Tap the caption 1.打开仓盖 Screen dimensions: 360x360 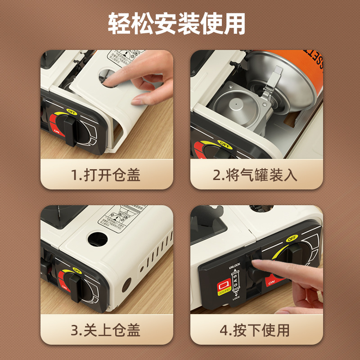(106, 175)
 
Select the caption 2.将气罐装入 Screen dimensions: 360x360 (255, 175)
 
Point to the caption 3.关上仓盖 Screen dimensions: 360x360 (106, 330)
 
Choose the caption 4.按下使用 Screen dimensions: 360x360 (255, 330)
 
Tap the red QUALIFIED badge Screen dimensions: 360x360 (223, 287)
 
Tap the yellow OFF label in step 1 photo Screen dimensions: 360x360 (71, 111)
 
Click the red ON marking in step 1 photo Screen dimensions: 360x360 (57, 130)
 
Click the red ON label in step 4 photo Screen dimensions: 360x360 (271, 282)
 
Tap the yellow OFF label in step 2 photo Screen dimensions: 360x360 (225, 144)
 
